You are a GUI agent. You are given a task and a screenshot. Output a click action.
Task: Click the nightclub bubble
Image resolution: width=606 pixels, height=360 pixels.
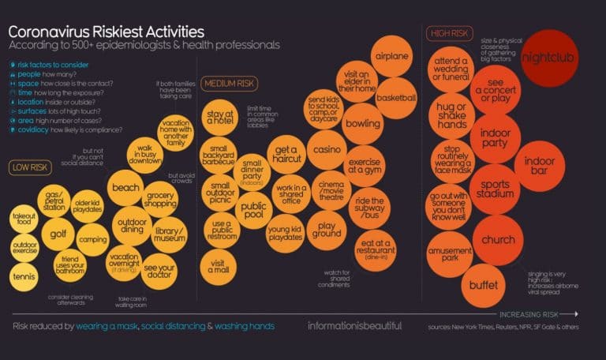(550, 58)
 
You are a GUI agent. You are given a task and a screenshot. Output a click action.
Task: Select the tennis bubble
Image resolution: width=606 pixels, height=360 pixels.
(24, 277)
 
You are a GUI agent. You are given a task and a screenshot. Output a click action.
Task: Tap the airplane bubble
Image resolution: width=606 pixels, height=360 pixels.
(392, 57)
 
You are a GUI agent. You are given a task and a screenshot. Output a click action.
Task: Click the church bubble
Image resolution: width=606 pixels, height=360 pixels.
(498, 240)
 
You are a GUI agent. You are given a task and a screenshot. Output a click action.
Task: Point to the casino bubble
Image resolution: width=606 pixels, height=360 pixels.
(326, 149)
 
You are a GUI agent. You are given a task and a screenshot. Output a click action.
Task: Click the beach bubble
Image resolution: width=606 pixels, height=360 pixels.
(127, 189)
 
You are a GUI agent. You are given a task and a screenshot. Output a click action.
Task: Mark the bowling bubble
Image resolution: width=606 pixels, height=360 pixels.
(363, 124)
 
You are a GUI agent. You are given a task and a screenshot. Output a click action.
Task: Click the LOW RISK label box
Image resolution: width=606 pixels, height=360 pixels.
(29, 167)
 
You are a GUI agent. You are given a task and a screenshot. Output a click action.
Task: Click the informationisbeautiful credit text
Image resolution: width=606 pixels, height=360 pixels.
(354, 325)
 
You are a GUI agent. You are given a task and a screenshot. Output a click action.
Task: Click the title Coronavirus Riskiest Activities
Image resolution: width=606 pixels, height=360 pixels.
(107, 31)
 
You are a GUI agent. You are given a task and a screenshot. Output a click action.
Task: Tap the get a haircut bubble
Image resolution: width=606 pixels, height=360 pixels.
(286, 155)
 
